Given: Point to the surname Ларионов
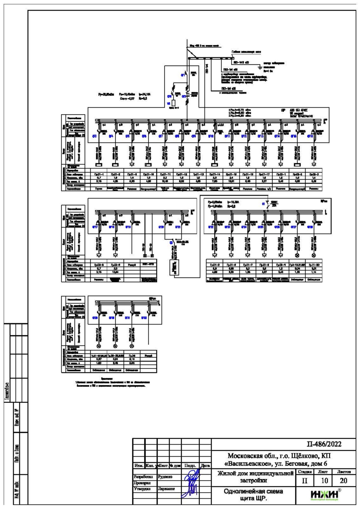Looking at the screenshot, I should pyautogui.click(x=167, y=489).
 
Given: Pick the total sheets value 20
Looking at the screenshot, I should pyautogui.click(x=343, y=481).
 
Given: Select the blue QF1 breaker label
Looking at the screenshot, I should pyautogui.click(x=183, y=75).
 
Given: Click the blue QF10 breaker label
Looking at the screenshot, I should pyautogui.click(x=211, y=136).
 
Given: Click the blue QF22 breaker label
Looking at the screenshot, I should pyautogui.click(x=211, y=227).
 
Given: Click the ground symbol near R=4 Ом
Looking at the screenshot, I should pyautogui.click(x=260, y=66).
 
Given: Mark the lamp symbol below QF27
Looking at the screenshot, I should pyautogui.click(x=298, y=255).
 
